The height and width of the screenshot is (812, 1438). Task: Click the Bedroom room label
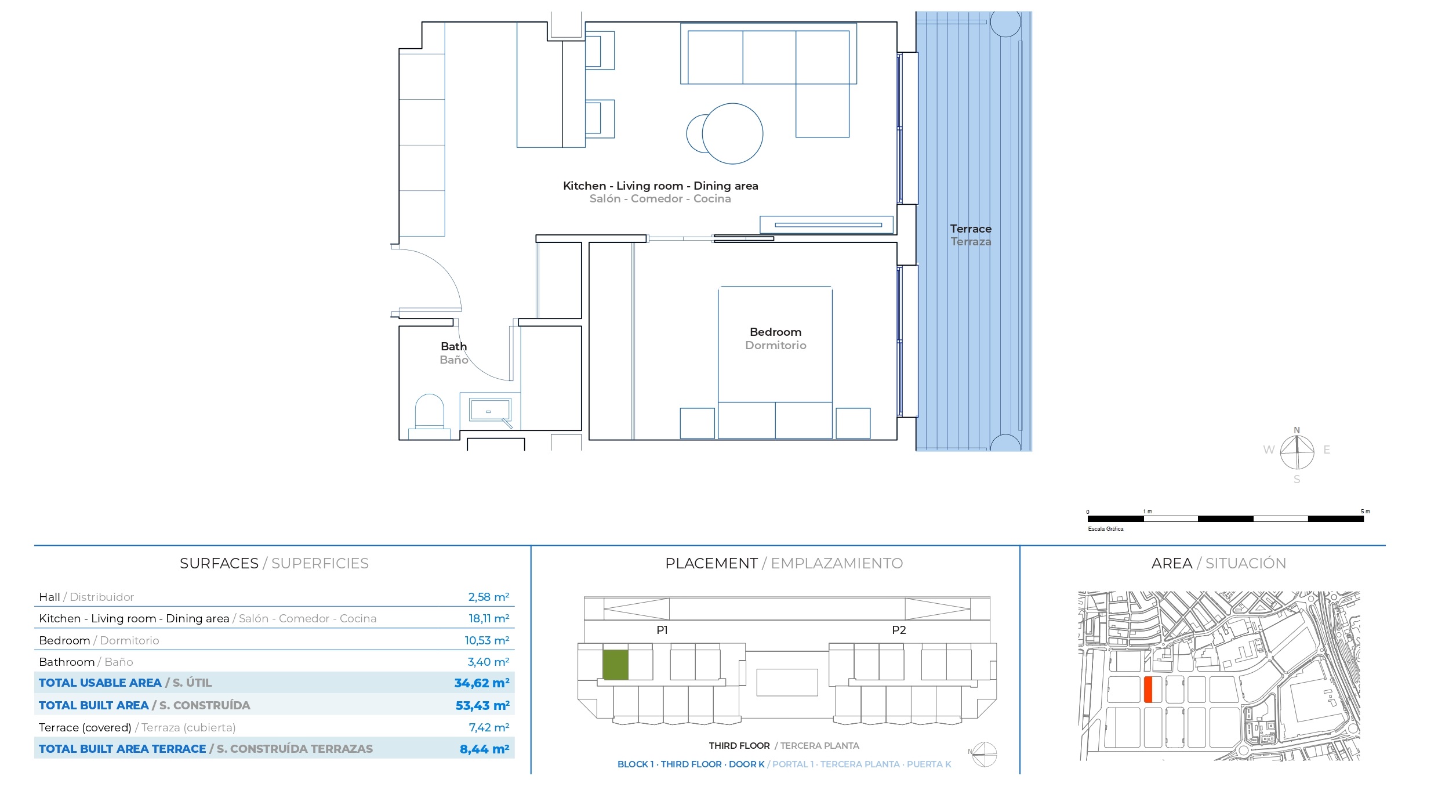tap(775, 332)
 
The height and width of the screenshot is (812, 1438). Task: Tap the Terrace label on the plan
tap(971, 229)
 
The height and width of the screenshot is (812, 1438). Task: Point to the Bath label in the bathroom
tap(453, 346)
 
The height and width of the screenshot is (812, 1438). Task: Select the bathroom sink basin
tap(490, 410)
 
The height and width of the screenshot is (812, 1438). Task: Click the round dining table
tap(732, 133)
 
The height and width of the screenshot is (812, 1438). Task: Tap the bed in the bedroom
tap(775, 362)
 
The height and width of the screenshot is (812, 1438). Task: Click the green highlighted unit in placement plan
tap(615, 665)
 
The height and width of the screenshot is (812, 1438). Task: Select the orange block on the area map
tap(1148, 690)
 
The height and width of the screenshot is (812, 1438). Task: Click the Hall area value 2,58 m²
tap(489, 597)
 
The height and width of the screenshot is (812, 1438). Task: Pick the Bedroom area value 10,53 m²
tap(487, 640)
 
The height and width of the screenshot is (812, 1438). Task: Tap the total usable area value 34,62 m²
tap(482, 683)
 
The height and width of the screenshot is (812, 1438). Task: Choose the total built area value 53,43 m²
tap(482, 706)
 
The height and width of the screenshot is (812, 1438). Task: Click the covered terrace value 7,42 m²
tap(489, 727)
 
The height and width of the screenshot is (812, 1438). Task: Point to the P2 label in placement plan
tap(899, 630)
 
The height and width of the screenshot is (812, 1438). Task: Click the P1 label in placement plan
tap(662, 630)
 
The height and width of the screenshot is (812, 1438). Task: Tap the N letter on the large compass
tap(1297, 430)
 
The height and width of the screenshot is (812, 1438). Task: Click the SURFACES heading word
tap(219, 563)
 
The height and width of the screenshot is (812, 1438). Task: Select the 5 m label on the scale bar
tap(1366, 512)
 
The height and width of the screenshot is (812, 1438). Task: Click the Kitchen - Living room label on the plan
tap(623, 186)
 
